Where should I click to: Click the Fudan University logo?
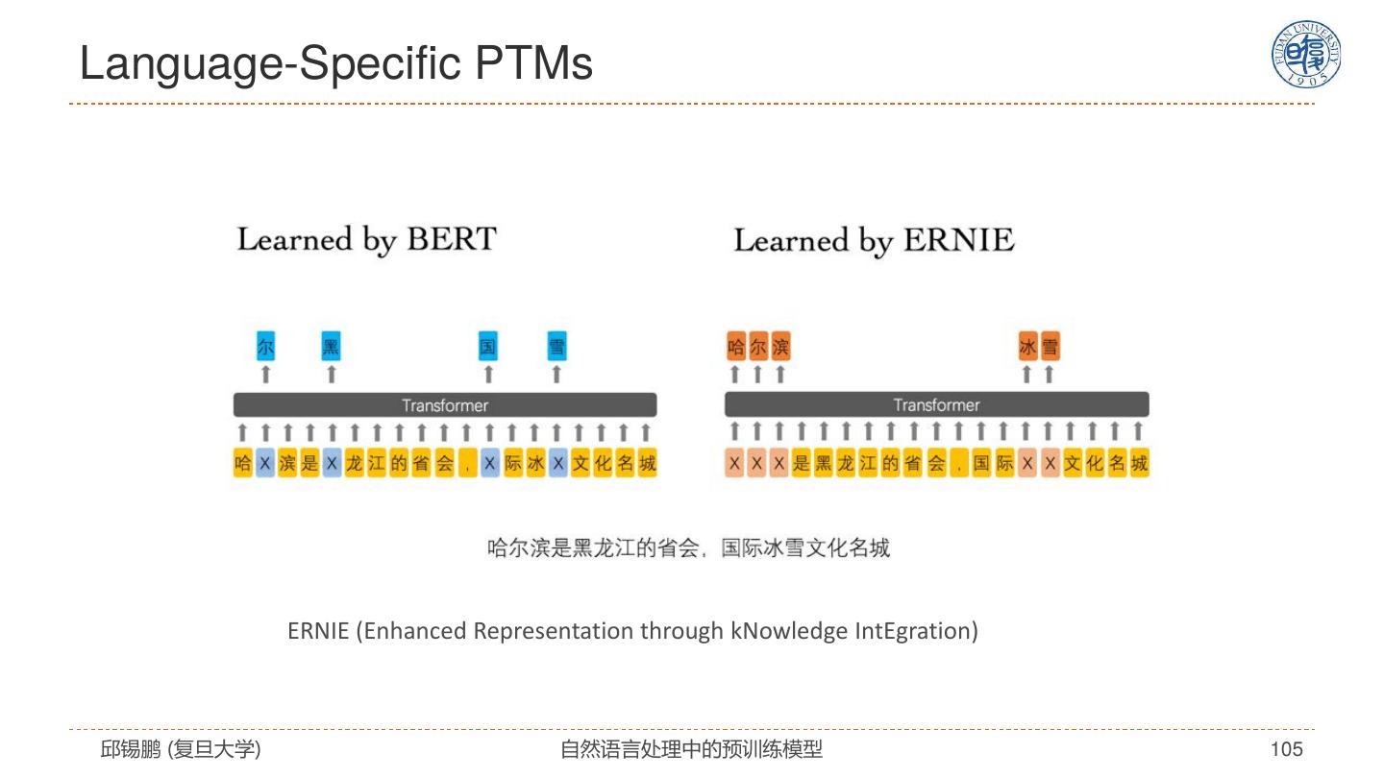pos(1306,55)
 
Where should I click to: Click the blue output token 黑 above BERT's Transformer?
pos(332,347)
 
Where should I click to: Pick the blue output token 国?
pos(488,347)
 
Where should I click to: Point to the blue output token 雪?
pos(556,347)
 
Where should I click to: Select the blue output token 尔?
pos(266,347)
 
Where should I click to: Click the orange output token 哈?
pos(736,347)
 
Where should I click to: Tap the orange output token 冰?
pos(1027,347)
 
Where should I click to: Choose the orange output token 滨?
pos(780,347)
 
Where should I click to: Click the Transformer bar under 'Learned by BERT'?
pos(445,405)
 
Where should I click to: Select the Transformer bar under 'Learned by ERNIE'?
pos(936,405)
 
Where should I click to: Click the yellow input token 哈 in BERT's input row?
pos(243,465)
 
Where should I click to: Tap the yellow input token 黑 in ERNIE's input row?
pos(824,465)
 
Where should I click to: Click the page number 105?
pos(1286,749)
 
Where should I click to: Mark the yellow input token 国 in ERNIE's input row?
pos(981,465)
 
